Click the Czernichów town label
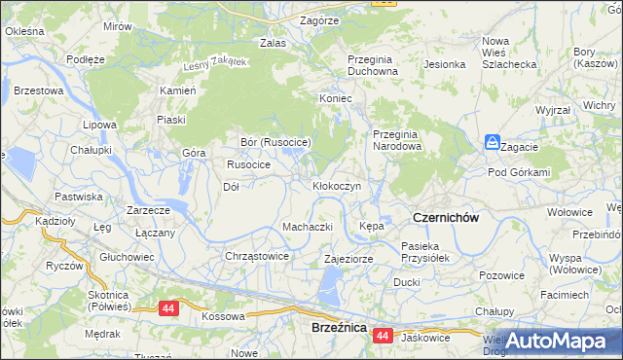(x=445, y=218)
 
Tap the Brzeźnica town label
(x=338, y=329)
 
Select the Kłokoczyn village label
(x=337, y=185)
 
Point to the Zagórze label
(x=319, y=19)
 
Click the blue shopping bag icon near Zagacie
(x=493, y=142)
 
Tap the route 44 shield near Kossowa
(x=169, y=308)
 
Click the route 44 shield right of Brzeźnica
(x=382, y=336)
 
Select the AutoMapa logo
(x=565, y=342)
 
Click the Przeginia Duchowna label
(x=373, y=65)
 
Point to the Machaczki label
(x=308, y=227)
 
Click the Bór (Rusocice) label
(x=275, y=142)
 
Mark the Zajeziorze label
(x=348, y=260)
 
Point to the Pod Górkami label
(x=519, y=172)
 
